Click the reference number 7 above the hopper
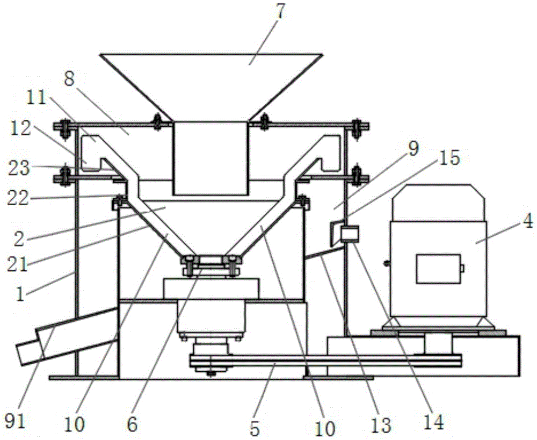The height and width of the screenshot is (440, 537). click(x=280, y=12)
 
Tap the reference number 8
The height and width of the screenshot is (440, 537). click(x=69, y=82)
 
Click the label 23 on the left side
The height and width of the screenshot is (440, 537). click(x=19, y=168)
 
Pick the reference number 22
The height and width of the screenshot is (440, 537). click(x=19, y=198)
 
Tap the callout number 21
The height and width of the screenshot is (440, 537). click(x=17, y=264)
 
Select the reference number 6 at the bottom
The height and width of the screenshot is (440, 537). click(x=132, y=424)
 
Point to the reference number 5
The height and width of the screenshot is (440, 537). click(x=255, y=428)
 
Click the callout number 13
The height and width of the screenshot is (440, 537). click(x=381, y=424)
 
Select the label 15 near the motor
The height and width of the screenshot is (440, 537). click(x=449, y=158)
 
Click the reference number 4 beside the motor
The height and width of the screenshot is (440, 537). click(x=527, y=222)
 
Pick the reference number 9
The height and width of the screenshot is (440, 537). click(x=413, y=149)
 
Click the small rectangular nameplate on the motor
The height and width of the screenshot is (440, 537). click(x=438, y=269)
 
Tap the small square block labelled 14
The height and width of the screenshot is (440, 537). click(x=350, y=234)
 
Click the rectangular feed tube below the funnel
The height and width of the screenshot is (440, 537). click(x=211, y=158)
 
